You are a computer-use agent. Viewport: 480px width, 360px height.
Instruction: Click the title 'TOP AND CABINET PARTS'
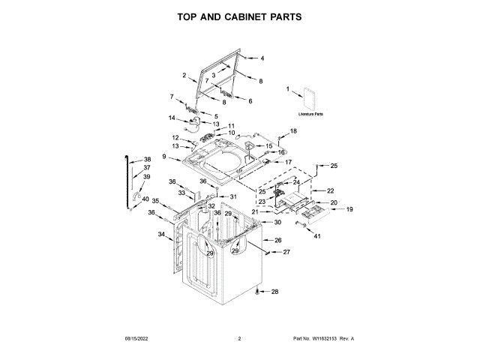[x=239, y=16]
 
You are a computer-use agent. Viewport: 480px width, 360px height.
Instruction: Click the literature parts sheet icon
[x=310, y=99]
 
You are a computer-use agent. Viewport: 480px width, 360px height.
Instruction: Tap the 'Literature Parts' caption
[x=310, y=114]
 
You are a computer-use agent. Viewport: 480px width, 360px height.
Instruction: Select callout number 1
[x=287, y=89]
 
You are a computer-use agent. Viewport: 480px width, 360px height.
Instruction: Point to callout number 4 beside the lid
[x=262, y=58]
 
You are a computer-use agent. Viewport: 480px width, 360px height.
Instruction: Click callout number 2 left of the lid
[x=184, y=75]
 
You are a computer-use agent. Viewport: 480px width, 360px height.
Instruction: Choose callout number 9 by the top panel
[x=163, y=156]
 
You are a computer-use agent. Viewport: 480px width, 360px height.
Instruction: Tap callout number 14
[x=172, y=118]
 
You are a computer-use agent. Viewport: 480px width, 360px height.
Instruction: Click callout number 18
[x=294, y=131]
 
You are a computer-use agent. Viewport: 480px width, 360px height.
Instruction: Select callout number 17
[x=288, y=162]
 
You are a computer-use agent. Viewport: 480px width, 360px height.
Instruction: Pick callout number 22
[x=330, y=191]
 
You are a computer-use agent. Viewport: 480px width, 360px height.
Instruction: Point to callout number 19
[x=349, y=209]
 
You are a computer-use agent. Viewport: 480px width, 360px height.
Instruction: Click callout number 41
[x=316, y=237]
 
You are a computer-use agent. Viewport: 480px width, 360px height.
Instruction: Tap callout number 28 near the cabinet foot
[x=274, y=292]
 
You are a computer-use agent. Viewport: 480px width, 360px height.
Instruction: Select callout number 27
[x=286, y=253]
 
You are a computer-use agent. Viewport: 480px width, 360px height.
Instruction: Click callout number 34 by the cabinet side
[x=161, y=235]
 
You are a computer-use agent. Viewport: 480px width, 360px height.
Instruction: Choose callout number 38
[x=147, y=159]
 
